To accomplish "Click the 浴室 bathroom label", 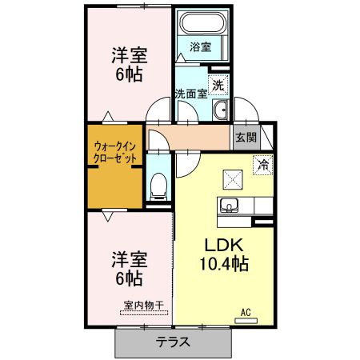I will pyautogui.click(x=201, y=47).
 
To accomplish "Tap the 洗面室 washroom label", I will pyautogui.click(x=191, y=94).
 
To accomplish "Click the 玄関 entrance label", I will pyautogui.click(x=245, y=137).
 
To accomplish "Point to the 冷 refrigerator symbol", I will pyautogui.click(x=262, y=166).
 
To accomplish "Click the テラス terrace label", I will pyautogui.click(x=173, y=342).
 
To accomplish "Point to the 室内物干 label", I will pyautogui.click(x=144, y=305).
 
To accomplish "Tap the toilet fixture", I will pyautogui.click(x=158, y=186).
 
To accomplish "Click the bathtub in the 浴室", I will pyautogui.click(x=202, y=23).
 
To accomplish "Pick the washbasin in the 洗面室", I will pyautogui.click(x=221, y=109).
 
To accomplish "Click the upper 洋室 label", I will pyautogui.click(x=127, y=55).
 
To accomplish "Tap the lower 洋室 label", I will pyautogui.click(x=127, y=259).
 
